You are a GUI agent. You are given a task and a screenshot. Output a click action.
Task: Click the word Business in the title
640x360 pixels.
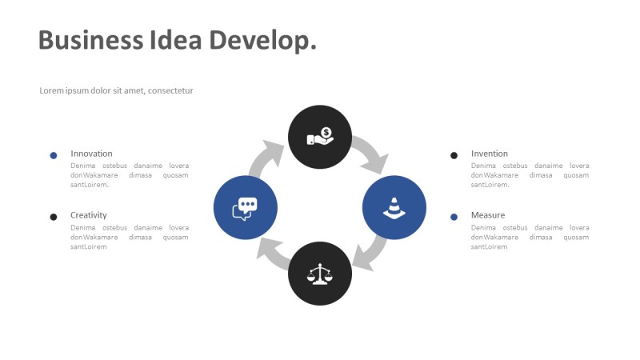pyautogui.click(x=90, y=40)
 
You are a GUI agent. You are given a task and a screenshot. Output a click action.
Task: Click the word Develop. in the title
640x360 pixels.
pyautogui.click(x=263, y=42)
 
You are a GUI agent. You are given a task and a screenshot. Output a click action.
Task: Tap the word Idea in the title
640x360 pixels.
pyautogui.click(x=176, y=40)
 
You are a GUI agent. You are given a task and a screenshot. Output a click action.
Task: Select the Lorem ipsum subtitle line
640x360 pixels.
pyautogui.click(x=116, y=90)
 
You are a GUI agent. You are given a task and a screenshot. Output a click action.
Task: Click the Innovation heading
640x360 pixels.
pyautogui.click(x=91, y=154)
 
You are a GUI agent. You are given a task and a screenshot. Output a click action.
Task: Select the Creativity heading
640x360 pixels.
pyautogui.click(x=89, y=215)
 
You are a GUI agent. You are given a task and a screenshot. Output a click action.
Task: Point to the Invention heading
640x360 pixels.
pyautogui.click(x=490, y=154)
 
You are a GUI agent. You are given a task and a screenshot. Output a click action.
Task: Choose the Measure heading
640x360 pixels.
pyautogui.click(x=488, y=215)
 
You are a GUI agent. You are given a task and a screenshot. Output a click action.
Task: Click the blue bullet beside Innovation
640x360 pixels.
pyautogui.click(x=54, y=155)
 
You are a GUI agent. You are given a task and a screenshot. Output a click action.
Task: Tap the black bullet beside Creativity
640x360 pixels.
pyautogui.click(x=54, y=217)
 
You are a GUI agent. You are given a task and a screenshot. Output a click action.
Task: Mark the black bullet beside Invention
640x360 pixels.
pyautogui.click(x=454, y=155)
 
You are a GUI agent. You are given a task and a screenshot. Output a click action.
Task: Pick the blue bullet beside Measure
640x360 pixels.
pyautogui.click(x=454, y=217)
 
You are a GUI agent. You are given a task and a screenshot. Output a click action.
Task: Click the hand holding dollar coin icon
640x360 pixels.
pyautogui.click(x=321, y=136)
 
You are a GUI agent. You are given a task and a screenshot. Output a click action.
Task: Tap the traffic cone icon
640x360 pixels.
pyautogui.click(x=394, y=208)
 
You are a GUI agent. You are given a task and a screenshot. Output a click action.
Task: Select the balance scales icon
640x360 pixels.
pyautogui.click(x=320, y=274)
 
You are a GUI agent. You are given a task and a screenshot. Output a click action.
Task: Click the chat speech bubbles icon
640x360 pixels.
pyautogui.click(x=245, y=209)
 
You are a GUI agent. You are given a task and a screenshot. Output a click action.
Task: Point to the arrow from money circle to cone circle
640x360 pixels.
pyautogui.click(x=372, y=153)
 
